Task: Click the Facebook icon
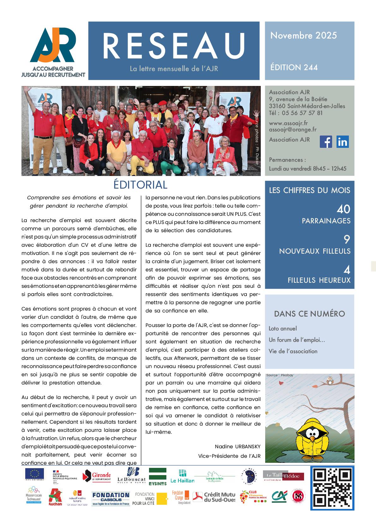(326, 142)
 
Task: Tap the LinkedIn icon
(343, 142)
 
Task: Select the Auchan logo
(55, 498)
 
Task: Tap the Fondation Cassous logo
(111, 498)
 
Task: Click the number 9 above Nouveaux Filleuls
(347, 239)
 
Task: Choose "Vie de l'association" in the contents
(293, 351)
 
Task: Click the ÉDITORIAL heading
(140, 185)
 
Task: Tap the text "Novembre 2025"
(303, 35)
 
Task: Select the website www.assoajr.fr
(288, 123)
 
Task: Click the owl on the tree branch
(331, 381)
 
